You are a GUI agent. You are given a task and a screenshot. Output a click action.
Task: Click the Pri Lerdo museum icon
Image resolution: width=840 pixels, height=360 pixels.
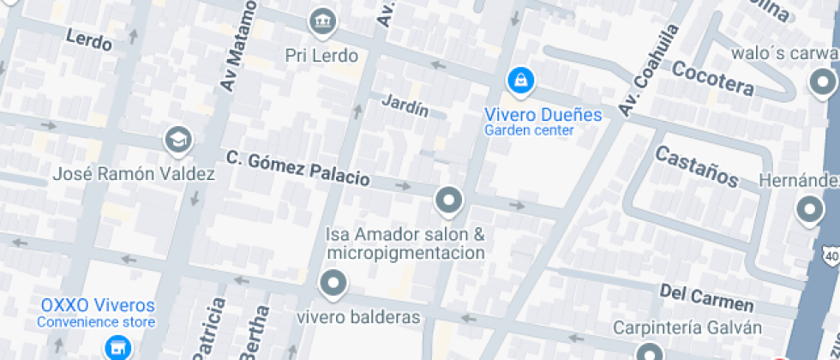coord(322,20)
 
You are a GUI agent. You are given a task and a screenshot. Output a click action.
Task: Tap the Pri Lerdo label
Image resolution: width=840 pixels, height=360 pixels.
coord(321,55)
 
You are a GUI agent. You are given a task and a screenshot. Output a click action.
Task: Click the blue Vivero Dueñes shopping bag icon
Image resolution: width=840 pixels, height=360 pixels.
coord(519,81)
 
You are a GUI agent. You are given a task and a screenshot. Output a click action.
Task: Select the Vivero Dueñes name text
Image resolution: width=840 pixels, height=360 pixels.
coord(543,114)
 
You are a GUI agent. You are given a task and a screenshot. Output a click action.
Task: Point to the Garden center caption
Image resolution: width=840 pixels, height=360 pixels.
coord(529,130)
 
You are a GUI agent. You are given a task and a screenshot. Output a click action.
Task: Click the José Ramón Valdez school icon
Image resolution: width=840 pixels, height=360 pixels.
coord(178,140)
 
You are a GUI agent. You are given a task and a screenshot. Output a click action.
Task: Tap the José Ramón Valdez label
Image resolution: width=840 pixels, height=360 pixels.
coord(134,174)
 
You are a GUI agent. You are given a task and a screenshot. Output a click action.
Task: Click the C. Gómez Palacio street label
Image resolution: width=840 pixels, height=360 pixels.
coord(298,169)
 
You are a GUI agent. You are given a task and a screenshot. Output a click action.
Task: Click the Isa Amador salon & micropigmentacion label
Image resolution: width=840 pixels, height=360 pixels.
coord(405,243)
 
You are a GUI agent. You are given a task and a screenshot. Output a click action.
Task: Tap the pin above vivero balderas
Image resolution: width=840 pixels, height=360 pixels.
coord(333,283)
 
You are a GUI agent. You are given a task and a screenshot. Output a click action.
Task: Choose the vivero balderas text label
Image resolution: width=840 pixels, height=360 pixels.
coord(359,318)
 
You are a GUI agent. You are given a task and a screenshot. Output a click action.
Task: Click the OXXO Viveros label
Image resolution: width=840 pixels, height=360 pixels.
coord(99,306)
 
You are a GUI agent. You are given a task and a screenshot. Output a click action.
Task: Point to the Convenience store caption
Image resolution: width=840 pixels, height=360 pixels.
coord(96,322)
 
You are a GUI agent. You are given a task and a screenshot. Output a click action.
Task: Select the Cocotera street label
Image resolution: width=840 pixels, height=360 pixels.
coord(713,78)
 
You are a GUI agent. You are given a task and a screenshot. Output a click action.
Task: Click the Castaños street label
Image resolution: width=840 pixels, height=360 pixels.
coord(697,166)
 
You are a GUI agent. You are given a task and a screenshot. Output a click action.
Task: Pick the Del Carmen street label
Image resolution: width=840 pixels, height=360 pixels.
coord(707,298)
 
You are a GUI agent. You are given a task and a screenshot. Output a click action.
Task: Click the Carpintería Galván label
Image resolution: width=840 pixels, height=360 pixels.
coord(687,327)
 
